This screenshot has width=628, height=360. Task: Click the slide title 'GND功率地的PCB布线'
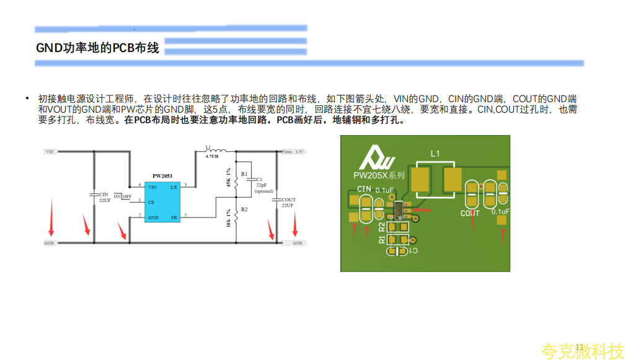[97, 48]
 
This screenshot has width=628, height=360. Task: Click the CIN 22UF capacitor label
[104, 198]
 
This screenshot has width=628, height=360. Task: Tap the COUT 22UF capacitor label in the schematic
[288, 203]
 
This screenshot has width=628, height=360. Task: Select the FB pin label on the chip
[174, 217]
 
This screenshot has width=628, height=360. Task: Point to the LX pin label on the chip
[174, 187]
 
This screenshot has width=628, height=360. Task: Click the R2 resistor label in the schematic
[244, 209]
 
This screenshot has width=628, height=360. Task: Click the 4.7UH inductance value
[212, 157]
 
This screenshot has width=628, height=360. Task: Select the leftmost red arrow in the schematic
[51, 218]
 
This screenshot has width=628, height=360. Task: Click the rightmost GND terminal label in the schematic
[298, 244]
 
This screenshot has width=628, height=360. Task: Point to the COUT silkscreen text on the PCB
[470, 214]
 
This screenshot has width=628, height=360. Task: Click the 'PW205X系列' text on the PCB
[378, 175]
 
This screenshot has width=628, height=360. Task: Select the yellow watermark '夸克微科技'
[582, 351]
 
